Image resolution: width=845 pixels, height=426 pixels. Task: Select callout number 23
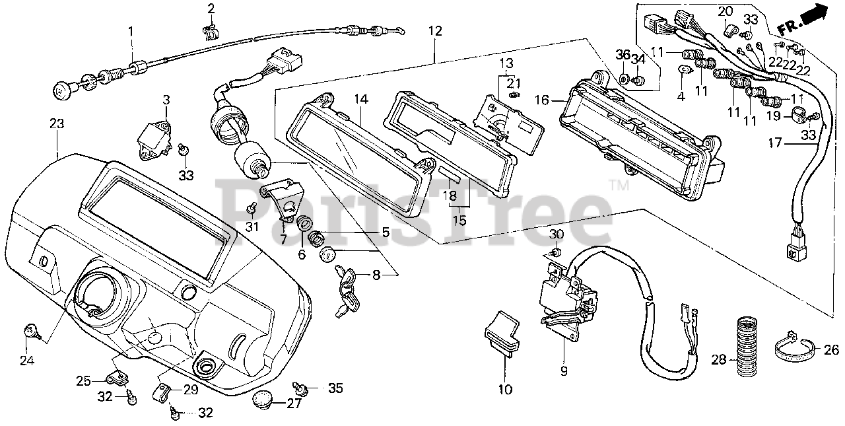[56, 123]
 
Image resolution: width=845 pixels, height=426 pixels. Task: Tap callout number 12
[434, 30]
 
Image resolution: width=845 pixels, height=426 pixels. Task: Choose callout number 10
[505, 390]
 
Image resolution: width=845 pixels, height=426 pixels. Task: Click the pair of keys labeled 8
[348, 291]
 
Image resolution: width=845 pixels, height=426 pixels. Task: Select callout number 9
[563, 371]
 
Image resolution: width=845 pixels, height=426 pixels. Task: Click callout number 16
[541, 100]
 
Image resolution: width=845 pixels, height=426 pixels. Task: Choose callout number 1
[130, 30]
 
